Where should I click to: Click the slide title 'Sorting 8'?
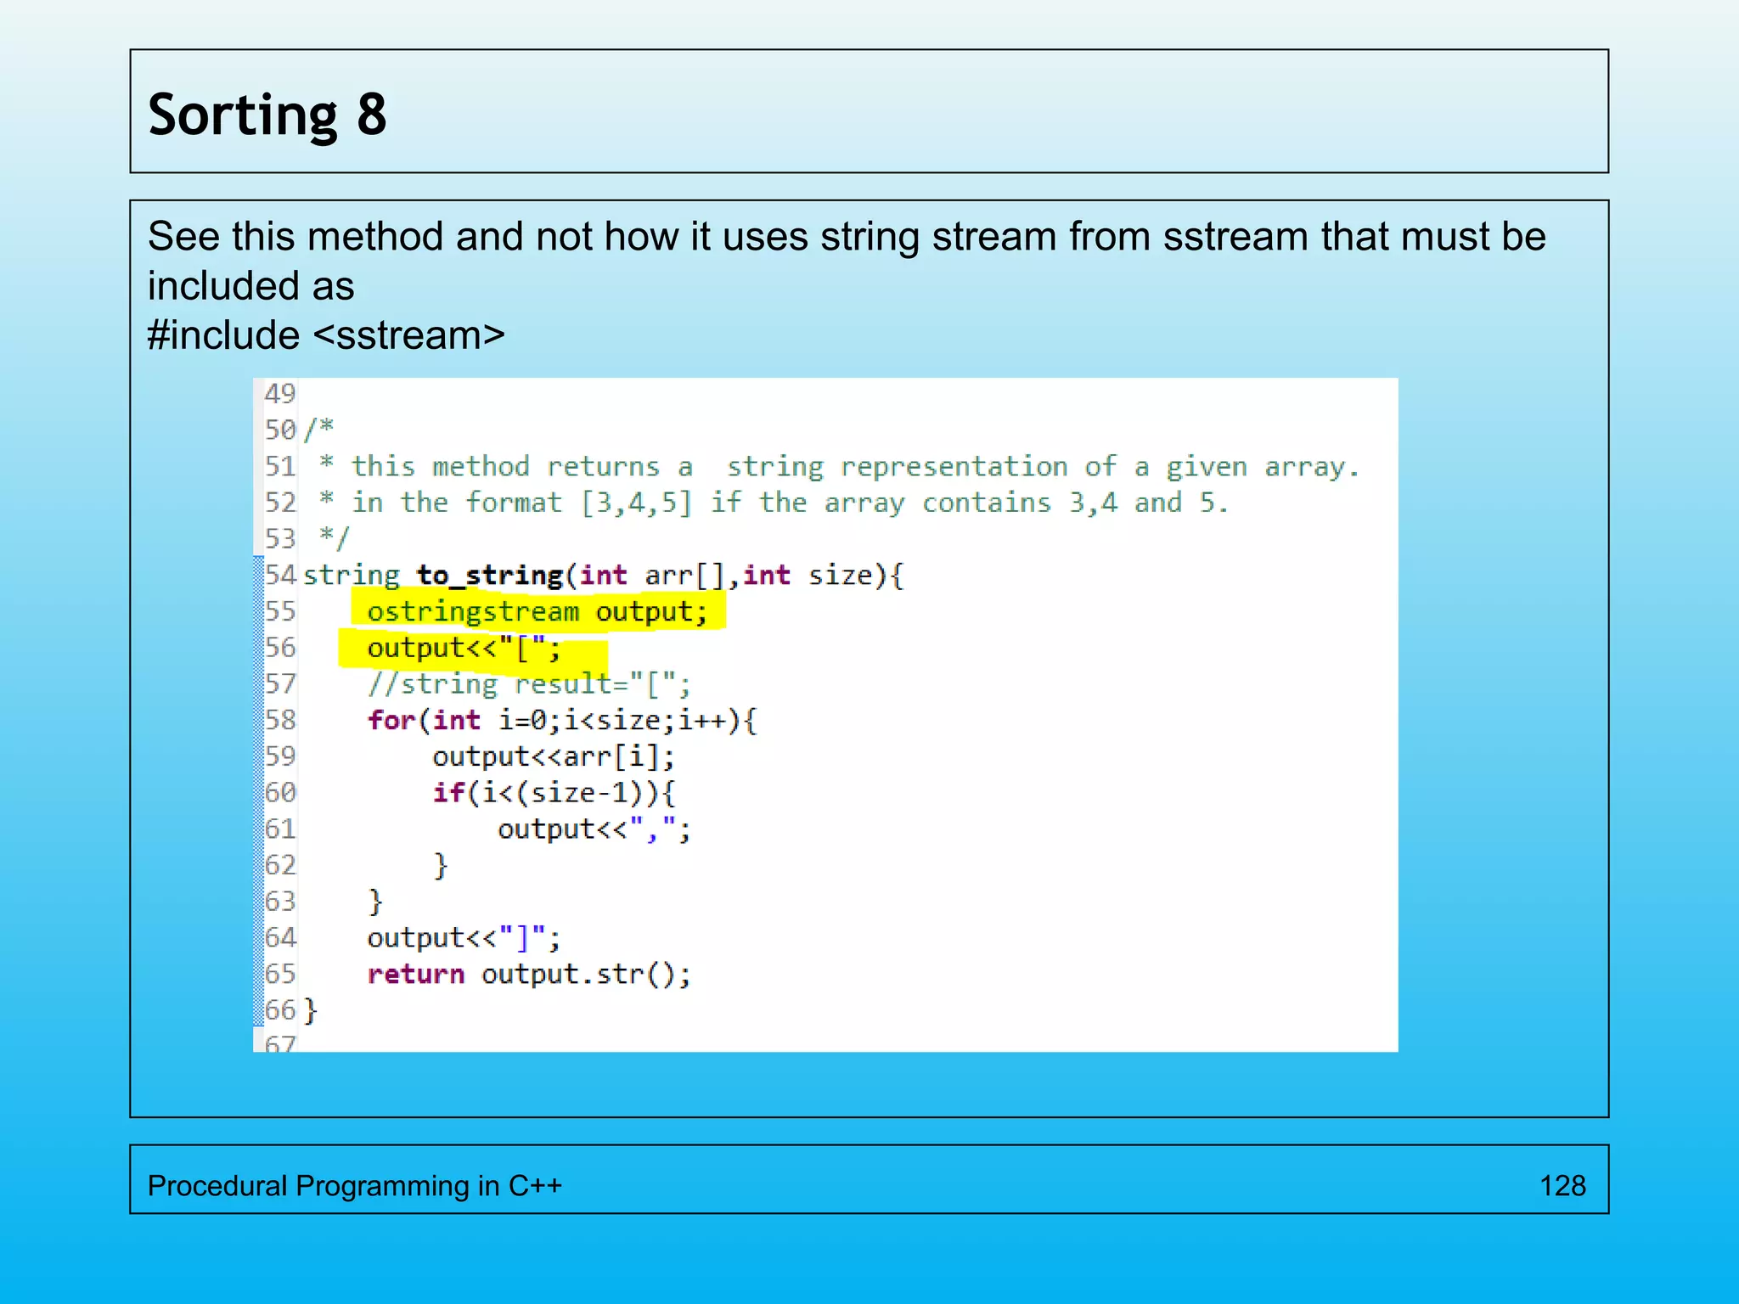(x=267, y=115)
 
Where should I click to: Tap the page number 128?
(x=1562, y=1185)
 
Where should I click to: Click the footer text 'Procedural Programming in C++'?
(x=354, y=1185)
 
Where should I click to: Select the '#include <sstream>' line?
(x=326, y=335)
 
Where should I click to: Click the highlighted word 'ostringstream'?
(x=473, y=611)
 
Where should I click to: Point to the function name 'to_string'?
(x=490, y=575)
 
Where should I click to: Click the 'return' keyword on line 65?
(x=415, y=974)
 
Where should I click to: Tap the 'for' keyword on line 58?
(x=391, y=720)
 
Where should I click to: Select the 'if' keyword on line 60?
(x=449, y=792)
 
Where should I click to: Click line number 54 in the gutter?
(x=279, y=575)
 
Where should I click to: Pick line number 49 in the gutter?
(x=279, y=393)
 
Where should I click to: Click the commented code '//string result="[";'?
(x=528, y=683)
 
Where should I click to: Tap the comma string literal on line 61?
(x=652, y=829)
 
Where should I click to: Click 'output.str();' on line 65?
(x=586, y=974)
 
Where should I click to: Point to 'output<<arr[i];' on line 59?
(x=553, y=756)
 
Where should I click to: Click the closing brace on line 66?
(x=311, y=1010)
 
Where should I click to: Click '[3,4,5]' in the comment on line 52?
(x=637, y=503)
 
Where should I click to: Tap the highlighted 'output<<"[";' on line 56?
(x=464, y=648)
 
